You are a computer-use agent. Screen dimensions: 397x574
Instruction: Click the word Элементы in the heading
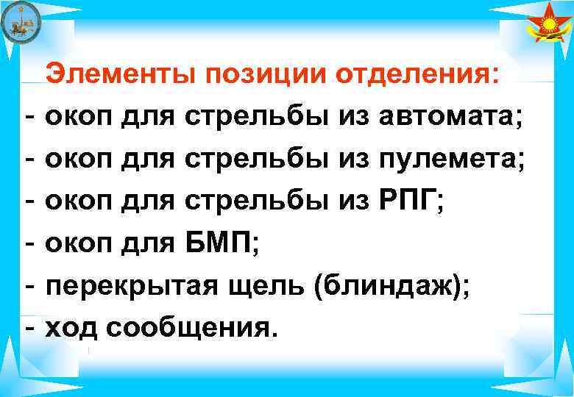(123, 76)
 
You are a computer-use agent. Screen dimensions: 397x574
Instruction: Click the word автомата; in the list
(454, 118)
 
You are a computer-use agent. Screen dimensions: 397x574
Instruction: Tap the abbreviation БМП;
(220, 240)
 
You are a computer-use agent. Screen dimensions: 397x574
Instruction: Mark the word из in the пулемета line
(356, 158)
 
